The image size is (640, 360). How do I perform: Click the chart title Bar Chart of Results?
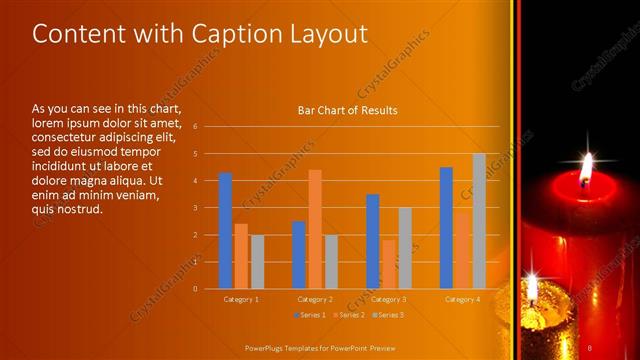[347, 110]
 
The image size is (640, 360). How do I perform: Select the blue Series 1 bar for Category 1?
[225, 230]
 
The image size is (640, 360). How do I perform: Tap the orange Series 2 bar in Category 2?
[315, 229]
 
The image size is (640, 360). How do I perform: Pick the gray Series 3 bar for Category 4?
[479, 221]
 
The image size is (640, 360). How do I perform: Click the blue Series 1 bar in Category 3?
[372, 241]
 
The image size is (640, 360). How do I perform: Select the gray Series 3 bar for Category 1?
[257, 261]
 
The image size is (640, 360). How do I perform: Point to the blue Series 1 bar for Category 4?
[446, 227]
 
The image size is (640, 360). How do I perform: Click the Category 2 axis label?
[315, 299]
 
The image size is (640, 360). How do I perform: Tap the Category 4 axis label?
[462, 299]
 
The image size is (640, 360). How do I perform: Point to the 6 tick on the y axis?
[196, 127]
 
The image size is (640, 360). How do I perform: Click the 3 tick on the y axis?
[196, 208]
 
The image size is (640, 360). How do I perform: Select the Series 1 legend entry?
[315, 315]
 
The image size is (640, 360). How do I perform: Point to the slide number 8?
[590, 348]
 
